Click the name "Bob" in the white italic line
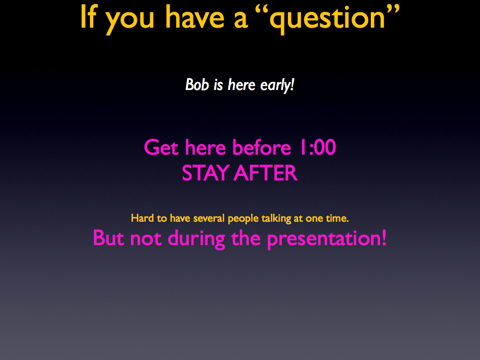(x=197, y=84)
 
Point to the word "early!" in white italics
(x=277, y=85)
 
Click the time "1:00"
(x=317, y=147)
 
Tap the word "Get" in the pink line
(x=161, y=147)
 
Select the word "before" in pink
(x=262, y=147)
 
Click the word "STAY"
(x=206, y=173)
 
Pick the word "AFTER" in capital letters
(x=266, y=173)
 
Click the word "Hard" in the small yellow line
(x=142, y=218)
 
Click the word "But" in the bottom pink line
(x=108, y=238)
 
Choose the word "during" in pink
(x=196, y=239)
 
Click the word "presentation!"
(x=327, y=239)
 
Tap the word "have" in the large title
(x=195, y=17)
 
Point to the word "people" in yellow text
(x=243, y=219)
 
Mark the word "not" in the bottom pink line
(x=146, y=239)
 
